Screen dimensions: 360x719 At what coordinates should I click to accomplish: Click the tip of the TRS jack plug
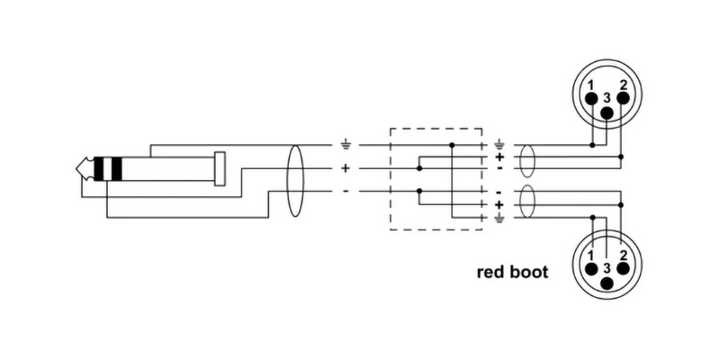(84, 168)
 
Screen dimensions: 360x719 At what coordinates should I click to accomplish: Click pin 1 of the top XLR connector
(591, 98)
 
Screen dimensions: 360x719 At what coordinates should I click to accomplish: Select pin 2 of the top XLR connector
(623, 98)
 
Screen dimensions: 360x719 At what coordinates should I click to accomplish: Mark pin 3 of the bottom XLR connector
(607, 283)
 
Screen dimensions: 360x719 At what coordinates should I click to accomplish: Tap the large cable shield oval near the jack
(294, 180)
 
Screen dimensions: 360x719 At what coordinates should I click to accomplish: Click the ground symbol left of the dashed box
(346, 144)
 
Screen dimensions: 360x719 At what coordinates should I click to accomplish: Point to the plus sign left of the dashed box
(346, 168)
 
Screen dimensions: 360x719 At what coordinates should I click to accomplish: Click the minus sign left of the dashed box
(346, 192)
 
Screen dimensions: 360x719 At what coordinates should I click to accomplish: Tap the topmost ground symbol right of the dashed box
(500, 144)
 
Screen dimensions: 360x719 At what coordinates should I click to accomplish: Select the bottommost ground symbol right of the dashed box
(500, 217)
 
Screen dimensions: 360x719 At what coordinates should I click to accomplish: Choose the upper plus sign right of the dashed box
(500, 157)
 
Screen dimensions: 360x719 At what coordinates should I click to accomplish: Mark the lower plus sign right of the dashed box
(500, 205)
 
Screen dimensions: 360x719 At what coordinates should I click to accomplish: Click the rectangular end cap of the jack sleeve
(219, 168)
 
